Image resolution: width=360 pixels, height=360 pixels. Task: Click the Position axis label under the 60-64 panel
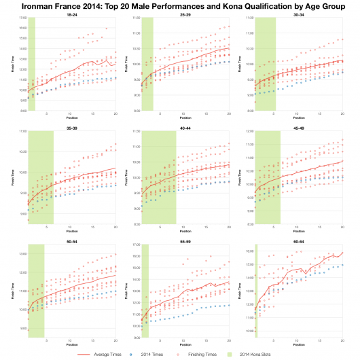298,344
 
